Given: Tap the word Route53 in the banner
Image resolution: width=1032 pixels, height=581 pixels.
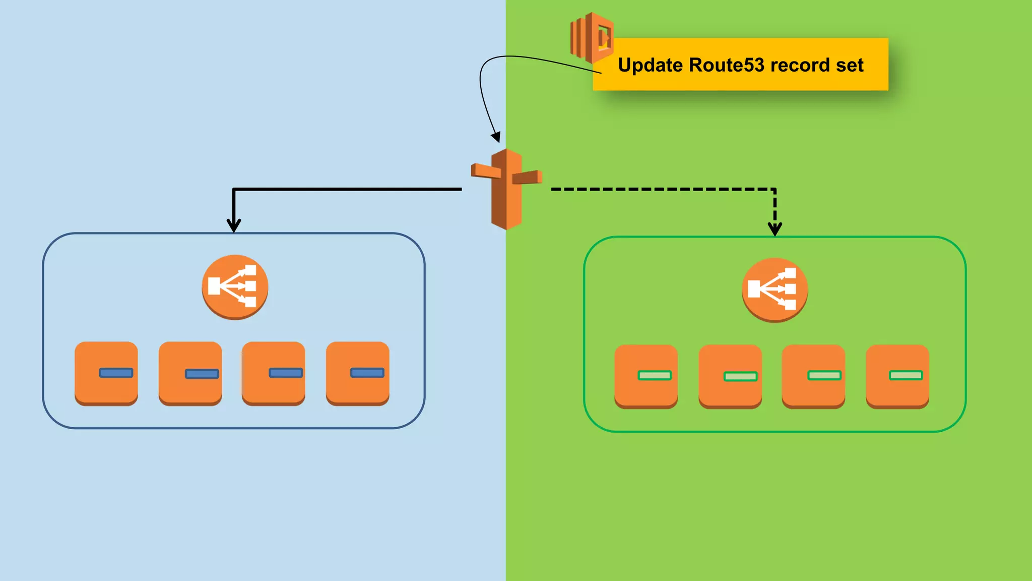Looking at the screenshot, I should point(726,66).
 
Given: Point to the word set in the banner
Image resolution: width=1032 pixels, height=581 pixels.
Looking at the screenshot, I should point(850,66).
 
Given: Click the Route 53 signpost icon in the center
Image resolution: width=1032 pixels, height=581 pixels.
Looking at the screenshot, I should point(506,189).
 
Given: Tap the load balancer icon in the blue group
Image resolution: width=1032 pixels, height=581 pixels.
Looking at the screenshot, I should point(235,286).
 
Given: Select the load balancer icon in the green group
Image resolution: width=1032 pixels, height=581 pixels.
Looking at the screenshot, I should point(775,289).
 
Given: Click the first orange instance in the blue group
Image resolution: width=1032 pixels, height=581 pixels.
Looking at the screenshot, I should point(106,373).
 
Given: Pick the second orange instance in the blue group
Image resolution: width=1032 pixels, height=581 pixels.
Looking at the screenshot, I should point(190,373).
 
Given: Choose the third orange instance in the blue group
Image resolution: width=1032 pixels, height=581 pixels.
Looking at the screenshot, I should point(274,373).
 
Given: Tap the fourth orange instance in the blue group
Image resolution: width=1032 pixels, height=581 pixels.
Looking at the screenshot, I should point(358,373).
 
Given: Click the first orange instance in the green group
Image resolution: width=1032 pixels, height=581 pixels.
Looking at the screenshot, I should point(646,376).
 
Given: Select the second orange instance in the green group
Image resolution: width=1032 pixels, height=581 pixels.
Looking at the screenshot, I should point(730,376).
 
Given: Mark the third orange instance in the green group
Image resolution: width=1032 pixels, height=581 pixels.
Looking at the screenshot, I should point(813,376).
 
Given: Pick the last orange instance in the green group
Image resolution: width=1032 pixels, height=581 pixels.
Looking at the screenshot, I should point(897,376).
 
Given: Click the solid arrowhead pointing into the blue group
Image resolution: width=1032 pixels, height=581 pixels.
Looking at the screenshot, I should point(234,226).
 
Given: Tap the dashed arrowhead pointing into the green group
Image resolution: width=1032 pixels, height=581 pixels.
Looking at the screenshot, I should point(775,229).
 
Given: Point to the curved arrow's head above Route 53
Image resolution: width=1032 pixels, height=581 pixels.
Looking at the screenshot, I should point(496,137).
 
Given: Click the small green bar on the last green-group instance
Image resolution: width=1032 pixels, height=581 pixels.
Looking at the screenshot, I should point(906,375).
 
